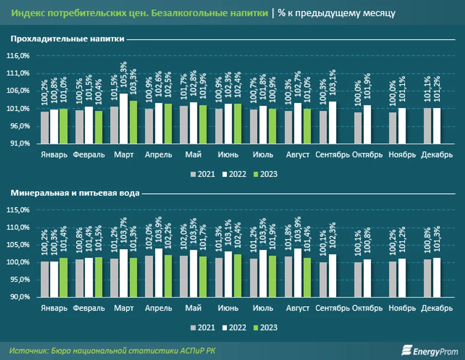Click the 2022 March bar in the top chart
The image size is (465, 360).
point(123,118)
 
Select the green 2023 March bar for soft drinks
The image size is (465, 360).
point(133,122)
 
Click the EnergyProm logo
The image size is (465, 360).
point(430,351)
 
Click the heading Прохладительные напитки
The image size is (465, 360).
point(67,39)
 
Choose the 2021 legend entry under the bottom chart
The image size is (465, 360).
point(203,328)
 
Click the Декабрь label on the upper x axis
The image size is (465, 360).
point(437,155)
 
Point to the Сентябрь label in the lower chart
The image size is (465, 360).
point(332,308)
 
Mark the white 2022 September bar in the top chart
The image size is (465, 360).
point(333,123)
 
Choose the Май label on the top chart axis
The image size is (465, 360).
point(193,155)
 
